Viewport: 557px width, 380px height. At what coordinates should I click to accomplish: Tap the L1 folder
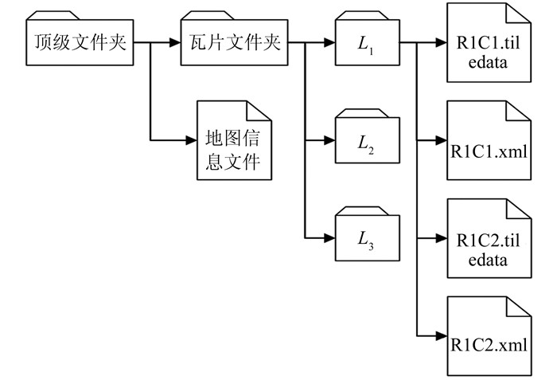367,44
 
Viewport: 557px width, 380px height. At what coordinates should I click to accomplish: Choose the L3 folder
367,238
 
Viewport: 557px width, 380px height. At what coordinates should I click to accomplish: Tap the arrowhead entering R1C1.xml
440,141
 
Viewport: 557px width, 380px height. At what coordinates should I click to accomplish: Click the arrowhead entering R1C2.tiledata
440,238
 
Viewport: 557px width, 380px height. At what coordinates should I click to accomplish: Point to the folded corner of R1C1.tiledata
519,14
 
